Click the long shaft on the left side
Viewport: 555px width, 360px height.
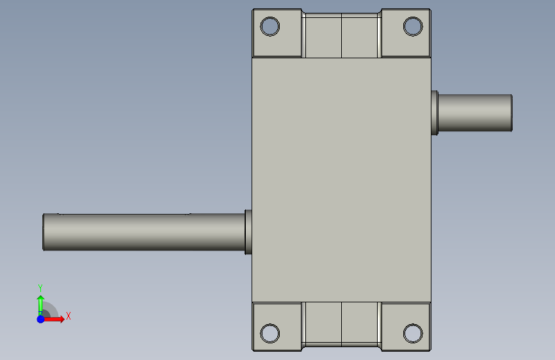143,232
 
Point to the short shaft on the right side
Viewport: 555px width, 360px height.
475,113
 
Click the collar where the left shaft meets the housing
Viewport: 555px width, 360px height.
248,232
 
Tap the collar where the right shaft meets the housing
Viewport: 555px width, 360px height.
435,113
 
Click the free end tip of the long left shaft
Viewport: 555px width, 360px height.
43,232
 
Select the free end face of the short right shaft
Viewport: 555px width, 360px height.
511,113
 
